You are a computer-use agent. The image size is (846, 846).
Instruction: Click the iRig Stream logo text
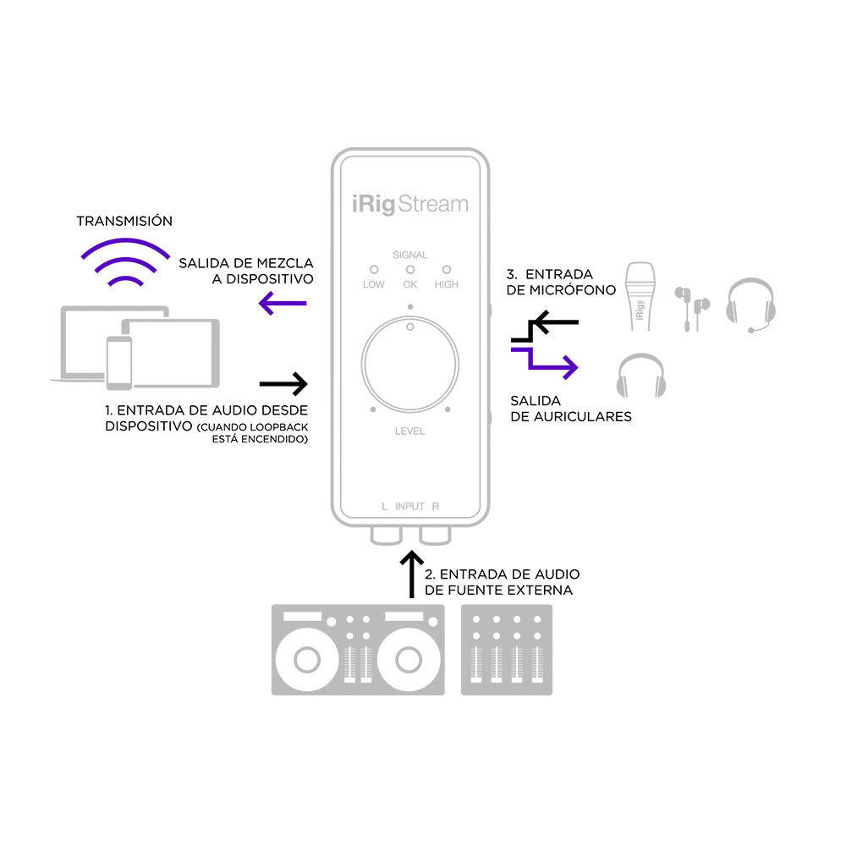(410, 205)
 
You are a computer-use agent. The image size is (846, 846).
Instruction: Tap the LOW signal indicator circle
(373, 268)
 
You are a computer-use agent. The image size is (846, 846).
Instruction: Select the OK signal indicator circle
(410, 268)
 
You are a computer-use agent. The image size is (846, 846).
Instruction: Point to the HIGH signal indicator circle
(446, 268)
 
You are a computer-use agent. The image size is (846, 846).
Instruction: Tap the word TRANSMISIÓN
(124, 221)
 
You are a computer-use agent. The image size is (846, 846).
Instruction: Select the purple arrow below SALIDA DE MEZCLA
(283, 303)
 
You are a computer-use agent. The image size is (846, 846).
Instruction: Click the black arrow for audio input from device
(283, 384)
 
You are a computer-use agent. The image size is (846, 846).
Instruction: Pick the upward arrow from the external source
(411, 575)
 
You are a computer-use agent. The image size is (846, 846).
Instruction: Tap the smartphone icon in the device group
(119, 361)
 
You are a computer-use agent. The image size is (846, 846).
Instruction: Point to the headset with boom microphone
(750, 304)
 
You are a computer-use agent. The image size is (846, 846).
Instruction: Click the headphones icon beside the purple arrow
(640, 375)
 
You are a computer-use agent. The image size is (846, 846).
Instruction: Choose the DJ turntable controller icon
(358, 650)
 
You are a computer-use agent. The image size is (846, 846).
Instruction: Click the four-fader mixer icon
(506, 650)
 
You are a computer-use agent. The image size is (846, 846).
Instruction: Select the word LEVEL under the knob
(409, 431)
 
